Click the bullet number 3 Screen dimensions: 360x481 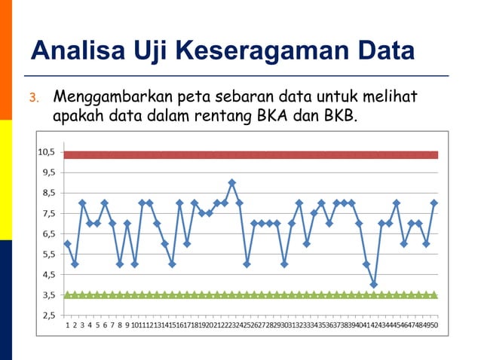pyautogui.click(x=32, y=98)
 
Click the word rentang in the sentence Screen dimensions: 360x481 pyautogui.click(x=212, y=117)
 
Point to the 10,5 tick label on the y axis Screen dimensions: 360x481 pyautogui.click(x=45, y=151)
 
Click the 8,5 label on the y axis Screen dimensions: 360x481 pyautogui.click(x=47, y=192)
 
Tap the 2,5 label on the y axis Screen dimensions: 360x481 pyautogui.click(x=47, y=316)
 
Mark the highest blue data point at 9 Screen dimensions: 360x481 pyautogui.click(x=231, y=182)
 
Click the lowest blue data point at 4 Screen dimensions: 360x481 pyautogui.click(x=374, y=285)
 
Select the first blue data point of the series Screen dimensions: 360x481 pyautogui.click(x=67, y=243)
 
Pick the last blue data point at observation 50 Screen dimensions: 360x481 pyautogui.click(x=434, y=203)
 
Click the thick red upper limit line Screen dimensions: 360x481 pyautogui.click(x=249, y=155)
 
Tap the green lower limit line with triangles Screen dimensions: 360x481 pyautogui.click(x=249, y=295)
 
